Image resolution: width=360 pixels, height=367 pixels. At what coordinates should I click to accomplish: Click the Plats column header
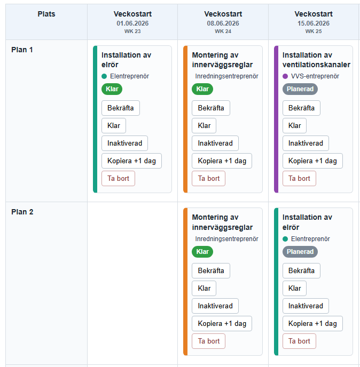click(x=46, y=14)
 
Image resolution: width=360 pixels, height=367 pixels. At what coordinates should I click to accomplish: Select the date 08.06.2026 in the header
click(x=223, y=23)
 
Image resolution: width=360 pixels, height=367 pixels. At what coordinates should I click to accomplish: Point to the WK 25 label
click(x=314, y=31)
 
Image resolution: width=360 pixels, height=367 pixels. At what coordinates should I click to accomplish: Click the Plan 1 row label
click(x=22, y=50)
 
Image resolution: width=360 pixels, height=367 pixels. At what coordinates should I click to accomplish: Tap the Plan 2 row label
click(x=22, y=212)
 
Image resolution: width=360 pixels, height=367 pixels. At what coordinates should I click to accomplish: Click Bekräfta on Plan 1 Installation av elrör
click(x=121, y=108)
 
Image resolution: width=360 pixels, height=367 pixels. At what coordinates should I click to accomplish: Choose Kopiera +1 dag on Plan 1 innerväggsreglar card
click(x=222, y=161)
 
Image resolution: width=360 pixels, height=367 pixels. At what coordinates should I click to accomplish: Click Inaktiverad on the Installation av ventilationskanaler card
click(x=306, y=143)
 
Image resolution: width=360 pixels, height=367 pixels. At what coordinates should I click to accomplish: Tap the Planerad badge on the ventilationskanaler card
click(x=300, y=89)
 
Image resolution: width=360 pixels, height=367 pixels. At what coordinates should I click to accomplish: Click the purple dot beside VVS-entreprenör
click(x=285, y=76)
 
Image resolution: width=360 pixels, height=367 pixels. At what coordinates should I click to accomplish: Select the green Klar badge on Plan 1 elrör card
click(x=112, y=89)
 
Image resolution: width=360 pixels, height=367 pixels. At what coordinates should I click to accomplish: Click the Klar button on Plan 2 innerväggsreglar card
click(x=204, y=289)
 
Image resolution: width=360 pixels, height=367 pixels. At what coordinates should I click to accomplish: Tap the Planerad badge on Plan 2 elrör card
click(x=300, y=252)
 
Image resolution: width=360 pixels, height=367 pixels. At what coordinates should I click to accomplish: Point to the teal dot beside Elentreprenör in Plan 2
click(x=285, y=239)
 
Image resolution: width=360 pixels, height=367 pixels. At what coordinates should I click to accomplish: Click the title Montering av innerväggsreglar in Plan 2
click(x=222, y=222)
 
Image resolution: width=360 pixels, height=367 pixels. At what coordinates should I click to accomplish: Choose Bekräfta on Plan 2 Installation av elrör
click(x=301, y=270)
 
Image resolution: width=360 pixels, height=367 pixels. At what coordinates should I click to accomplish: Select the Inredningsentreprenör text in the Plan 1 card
click(x=226, y=76)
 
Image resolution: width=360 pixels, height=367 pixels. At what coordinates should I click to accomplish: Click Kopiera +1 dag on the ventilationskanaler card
click(x=312, y=161)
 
